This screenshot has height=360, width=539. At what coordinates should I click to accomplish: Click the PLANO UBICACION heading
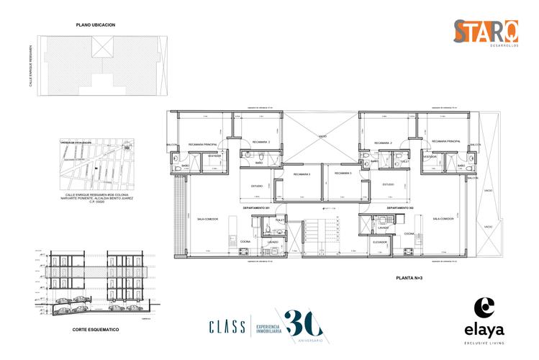click(96, 24)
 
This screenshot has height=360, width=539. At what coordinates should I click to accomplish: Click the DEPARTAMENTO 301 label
click(255, 207)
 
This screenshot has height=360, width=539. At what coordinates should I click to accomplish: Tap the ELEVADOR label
click(381, 242)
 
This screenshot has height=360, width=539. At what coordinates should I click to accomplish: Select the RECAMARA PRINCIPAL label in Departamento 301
click(203, 143)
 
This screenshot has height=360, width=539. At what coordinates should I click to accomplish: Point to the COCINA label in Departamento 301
click(245, 241)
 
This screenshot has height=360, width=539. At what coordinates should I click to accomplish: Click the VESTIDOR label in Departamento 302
click(430, 156)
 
